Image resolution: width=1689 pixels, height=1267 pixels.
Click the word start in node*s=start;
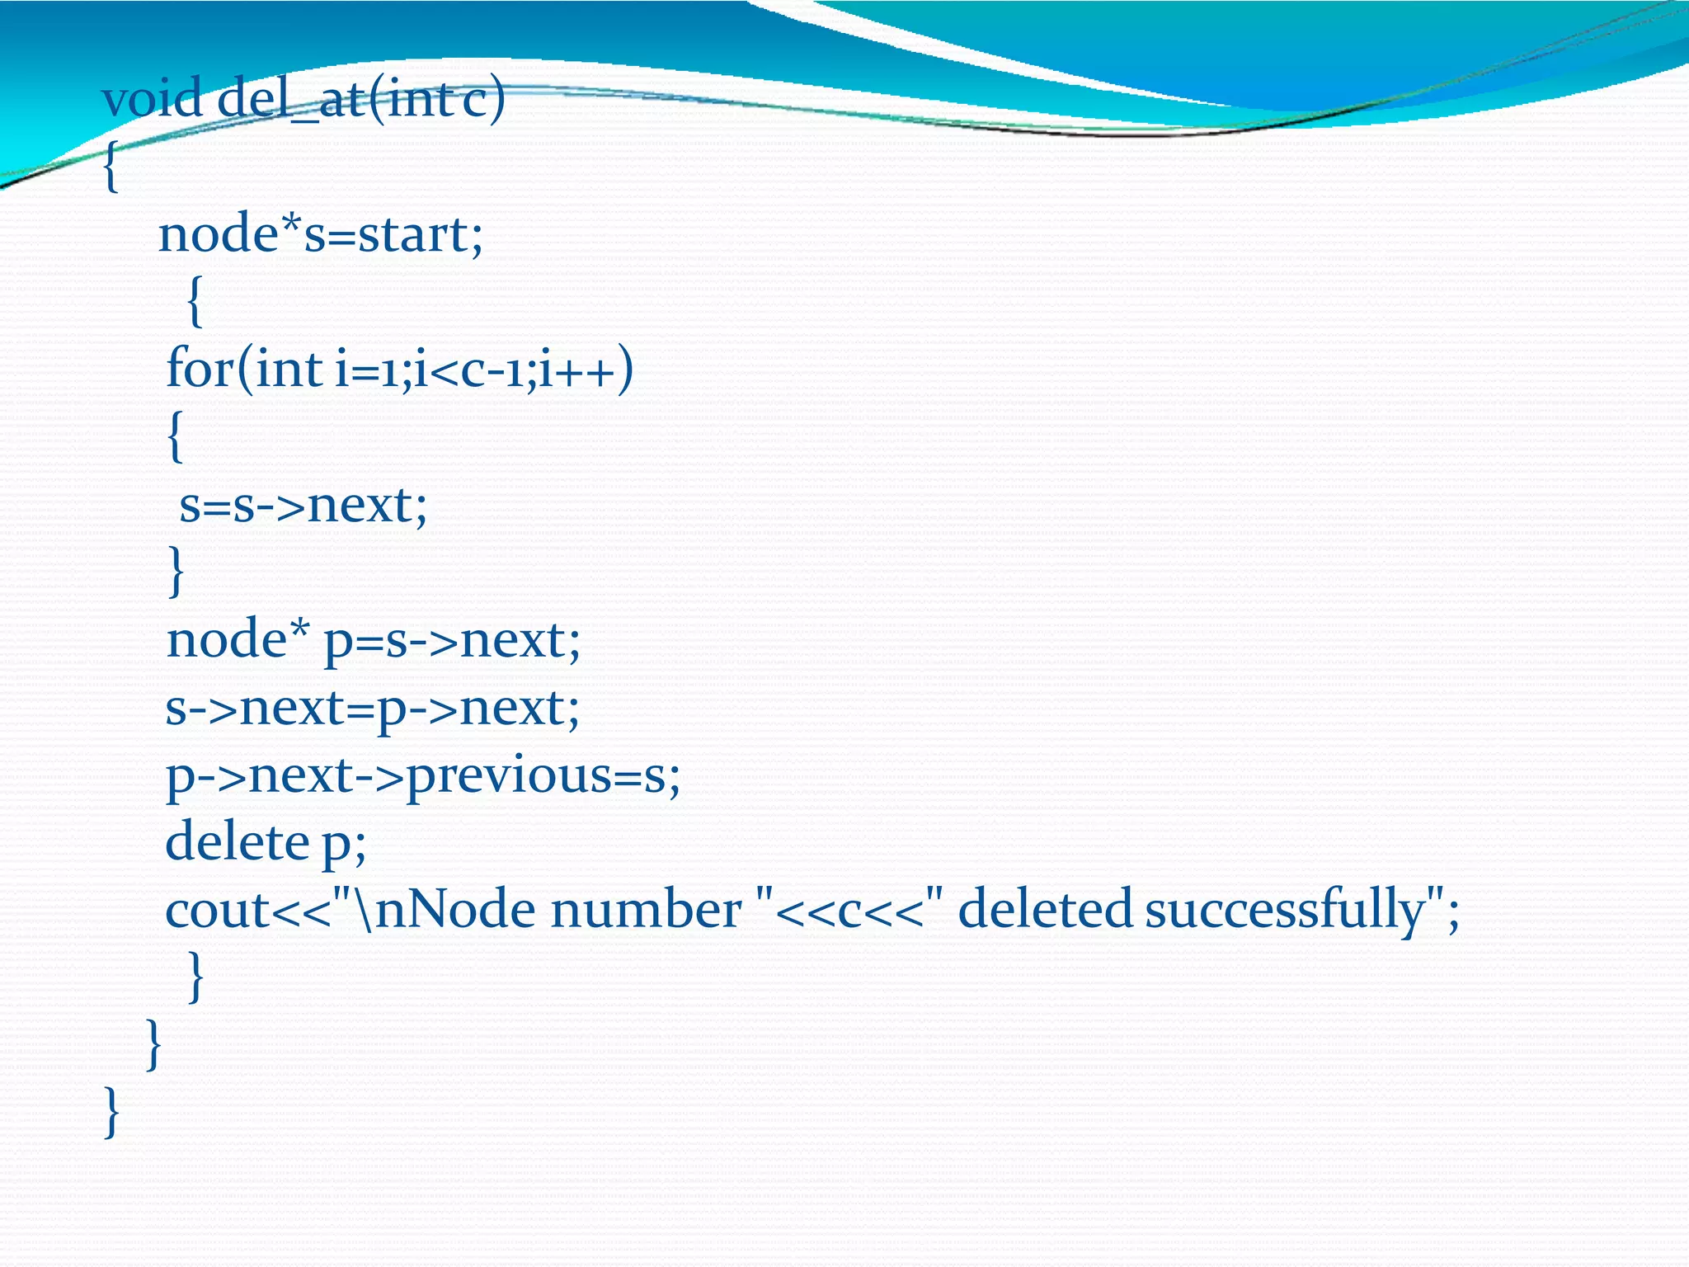(413, 234)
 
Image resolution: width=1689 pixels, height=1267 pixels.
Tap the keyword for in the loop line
(200, 368)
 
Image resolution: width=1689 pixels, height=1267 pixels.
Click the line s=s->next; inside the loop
(303, 505)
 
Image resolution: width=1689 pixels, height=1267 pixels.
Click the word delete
(237, 842)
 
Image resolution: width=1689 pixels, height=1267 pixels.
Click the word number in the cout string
(646, 910)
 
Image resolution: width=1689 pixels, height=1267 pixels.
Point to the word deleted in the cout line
(1045, 910)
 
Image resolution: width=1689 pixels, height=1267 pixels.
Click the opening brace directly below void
(111, 167)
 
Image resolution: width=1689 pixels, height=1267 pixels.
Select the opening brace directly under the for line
(174, 437)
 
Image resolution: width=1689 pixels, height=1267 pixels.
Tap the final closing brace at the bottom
(112, 1113)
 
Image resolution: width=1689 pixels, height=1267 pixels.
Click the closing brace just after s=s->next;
(175, 572)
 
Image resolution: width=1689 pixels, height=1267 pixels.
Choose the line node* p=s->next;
(374, 640)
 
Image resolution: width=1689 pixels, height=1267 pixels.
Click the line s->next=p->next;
(373, 708)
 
